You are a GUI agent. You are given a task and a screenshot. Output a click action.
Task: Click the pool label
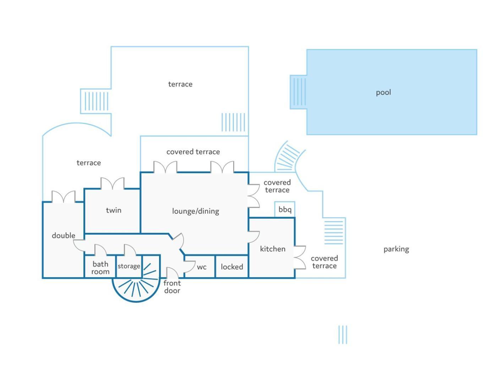coord(383,93)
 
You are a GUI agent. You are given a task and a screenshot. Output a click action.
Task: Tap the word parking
coord(396,249)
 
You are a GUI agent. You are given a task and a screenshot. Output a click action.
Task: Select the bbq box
coord(285,209)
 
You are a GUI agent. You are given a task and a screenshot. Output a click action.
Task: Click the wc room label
coord(202,267)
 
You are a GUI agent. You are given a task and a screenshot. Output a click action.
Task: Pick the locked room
coord(232,267)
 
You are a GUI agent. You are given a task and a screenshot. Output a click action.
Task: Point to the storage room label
coord(129,266)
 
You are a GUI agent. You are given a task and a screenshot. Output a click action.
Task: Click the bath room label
coord(100,268)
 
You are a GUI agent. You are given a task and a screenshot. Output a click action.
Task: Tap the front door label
coord(172,287)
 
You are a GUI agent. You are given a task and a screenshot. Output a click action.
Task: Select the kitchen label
coord(273,249)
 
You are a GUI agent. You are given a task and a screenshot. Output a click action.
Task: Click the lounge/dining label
coord(195,211)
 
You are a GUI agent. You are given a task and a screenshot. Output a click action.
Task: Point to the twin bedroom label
coord(114,210)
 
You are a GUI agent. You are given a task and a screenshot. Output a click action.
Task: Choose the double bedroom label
coord(64,235)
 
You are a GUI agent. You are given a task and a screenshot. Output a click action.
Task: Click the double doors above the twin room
coord(113,183)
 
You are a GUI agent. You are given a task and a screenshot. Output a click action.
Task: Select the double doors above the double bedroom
coord(64,197)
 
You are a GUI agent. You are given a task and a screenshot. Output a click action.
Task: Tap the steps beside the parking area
coord(334,232)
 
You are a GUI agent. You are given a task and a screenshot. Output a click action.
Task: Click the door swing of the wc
coord(190,267)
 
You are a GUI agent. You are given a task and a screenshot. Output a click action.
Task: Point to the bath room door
coord(100,250)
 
